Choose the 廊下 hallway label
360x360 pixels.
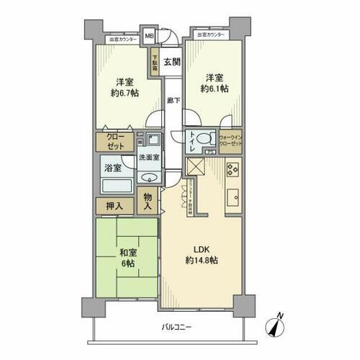click(173, 101)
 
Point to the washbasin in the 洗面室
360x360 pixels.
click(150, 178)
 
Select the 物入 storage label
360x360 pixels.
click(148, 202)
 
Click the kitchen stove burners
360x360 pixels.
click(233, 170)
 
